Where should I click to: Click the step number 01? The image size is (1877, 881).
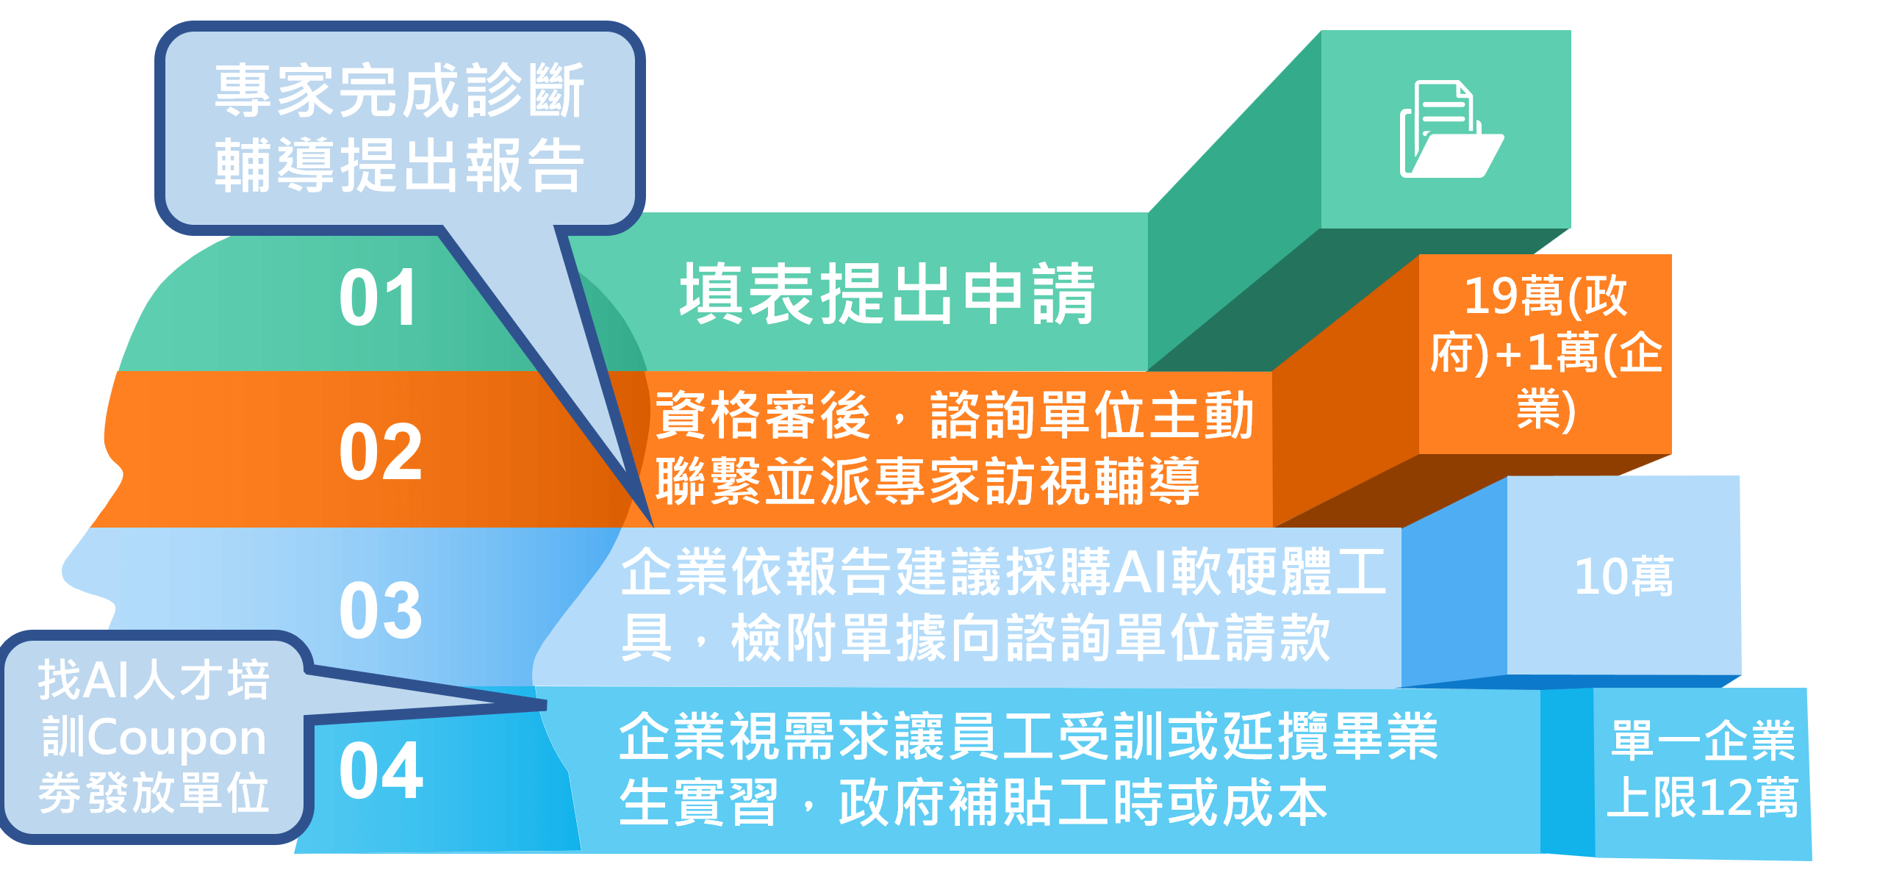378,298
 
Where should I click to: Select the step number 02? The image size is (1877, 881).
381,452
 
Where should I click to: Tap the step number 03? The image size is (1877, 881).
381,610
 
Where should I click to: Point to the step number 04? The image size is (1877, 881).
381,770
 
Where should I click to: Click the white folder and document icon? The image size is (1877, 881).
1451,130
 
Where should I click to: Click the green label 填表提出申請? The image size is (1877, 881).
887,294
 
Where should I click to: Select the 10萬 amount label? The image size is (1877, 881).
1623,577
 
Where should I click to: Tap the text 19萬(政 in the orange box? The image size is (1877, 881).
1546,296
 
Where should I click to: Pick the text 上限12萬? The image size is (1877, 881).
1702,797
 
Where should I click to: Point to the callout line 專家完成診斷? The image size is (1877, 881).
399,90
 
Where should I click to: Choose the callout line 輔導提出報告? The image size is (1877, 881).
399,165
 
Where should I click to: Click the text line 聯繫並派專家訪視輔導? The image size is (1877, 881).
927,481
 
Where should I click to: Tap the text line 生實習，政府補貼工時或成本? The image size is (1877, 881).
973,802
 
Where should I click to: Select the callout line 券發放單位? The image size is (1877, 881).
154,794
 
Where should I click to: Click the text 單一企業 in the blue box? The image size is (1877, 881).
1703,740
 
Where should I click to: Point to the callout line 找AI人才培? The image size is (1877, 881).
154,680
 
